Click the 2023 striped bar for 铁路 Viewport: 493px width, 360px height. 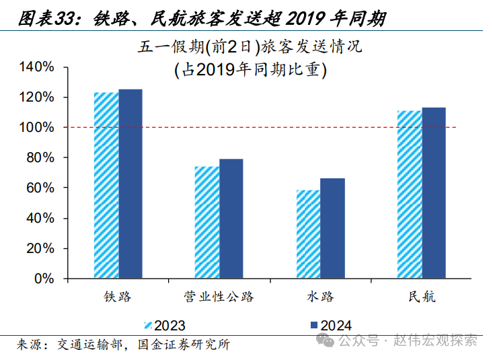pos(106,185)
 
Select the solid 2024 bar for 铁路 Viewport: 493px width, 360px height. pos(130,184)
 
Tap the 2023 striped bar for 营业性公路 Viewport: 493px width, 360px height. pos(206,222)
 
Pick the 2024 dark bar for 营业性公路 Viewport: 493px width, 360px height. pos(231,219)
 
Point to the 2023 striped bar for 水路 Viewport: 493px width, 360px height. pos(308,234)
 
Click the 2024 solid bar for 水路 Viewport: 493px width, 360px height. pos(332,228)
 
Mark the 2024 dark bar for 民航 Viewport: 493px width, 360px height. pos(434,192)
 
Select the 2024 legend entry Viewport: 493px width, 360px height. pos(330,326)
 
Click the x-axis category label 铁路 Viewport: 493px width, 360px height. pos(118,297)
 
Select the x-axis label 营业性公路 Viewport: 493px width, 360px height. pos(219,297)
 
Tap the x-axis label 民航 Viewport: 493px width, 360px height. pos(421,297)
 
